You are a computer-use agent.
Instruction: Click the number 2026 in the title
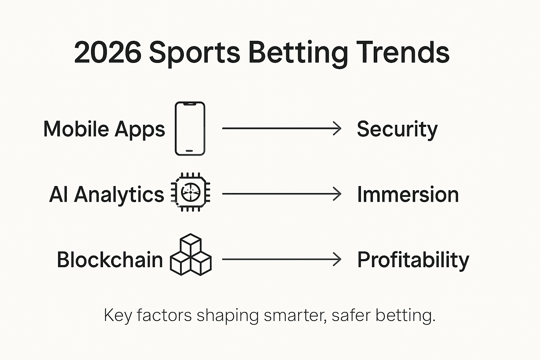click(108, 53)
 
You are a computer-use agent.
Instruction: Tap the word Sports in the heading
click(194, 53)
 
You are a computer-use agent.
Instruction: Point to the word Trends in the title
click(403, 53)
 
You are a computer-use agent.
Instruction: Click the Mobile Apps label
click(104, 129)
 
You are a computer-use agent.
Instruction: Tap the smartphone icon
click(190, 129)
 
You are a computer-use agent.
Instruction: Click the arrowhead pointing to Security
click(337, 129)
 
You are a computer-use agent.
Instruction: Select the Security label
click(397, 129)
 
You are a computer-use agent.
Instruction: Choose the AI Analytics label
click(107, 194)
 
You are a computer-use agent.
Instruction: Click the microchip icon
click(191, 192)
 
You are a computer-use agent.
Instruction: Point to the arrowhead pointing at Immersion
click(337, 194)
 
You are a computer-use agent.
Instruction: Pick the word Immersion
click(408, 194)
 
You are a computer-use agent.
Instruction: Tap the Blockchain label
click(110, 260)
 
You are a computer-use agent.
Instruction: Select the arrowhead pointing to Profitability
click(337, 259)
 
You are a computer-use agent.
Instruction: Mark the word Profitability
click(413, 260)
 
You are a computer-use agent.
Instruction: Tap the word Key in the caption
click(118, 315)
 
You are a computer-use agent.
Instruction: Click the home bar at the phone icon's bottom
click(189, 151)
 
